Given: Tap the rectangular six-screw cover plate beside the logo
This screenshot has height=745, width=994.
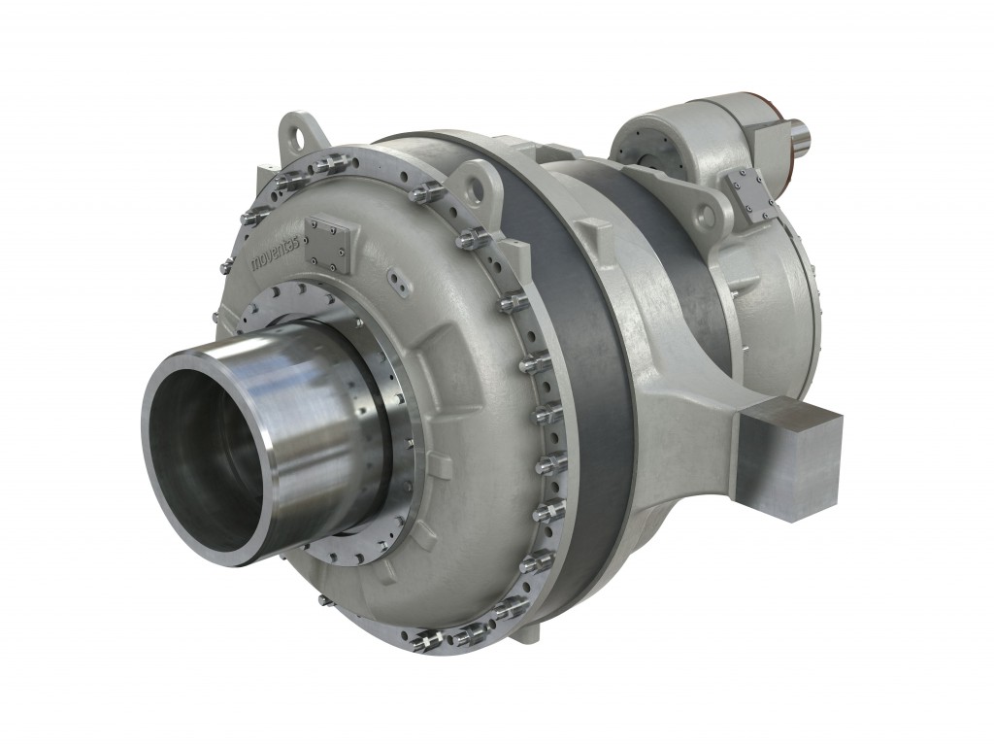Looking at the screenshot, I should tap(325, 243).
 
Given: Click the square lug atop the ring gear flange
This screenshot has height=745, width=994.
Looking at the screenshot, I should tap(593, 234).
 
